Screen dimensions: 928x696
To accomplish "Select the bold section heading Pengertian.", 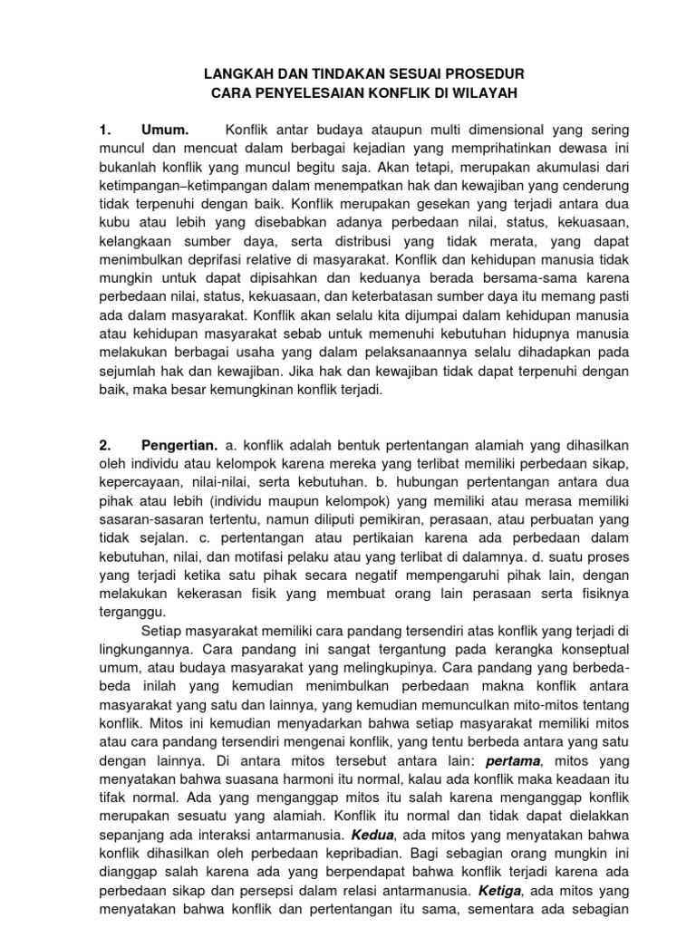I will point(179,445).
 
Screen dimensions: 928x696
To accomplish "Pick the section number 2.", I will point(104,445).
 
